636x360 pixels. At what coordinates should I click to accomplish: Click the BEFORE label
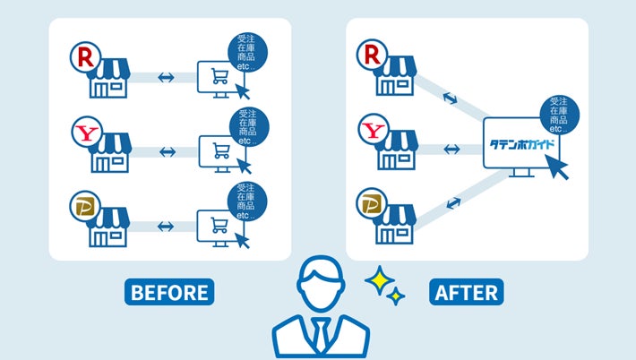(x=169, y=292)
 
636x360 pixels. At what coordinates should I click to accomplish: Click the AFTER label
(x=466, y=292)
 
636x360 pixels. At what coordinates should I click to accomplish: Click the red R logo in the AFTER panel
(x=373, y=55)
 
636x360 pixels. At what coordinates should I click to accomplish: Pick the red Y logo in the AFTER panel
(x=373, y=133)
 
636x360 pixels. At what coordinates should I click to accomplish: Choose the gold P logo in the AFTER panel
(x=373, y=205)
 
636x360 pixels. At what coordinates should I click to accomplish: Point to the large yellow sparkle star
(x=379, y=282)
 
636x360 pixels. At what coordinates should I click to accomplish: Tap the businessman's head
(x=320, y=282)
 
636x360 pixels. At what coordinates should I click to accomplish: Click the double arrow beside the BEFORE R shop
(x=166, y=77)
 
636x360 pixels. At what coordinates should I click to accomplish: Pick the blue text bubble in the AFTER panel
(x=560, y=113)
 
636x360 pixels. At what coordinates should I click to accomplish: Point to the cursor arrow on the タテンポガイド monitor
(x=558, y=167)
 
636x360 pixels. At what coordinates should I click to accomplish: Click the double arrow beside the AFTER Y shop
(x=453, y=146)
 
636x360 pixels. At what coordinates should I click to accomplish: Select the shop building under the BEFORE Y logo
(x=108, y=153)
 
